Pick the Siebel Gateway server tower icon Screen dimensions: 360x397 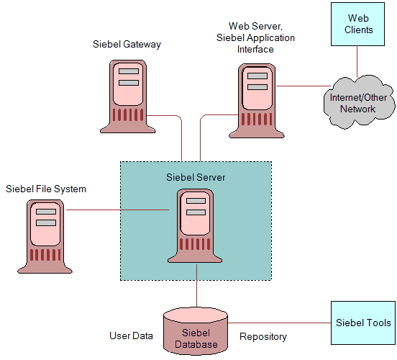tap(128, 95)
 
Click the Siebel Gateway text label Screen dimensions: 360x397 tap(127, 45)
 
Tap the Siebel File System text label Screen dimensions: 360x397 tap(46, 189)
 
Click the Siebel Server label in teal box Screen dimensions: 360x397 tap(196, 176)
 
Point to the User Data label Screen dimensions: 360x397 tap(131, 336)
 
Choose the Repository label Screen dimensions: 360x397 tap(263, 336)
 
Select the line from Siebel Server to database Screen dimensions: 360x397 tap(196, 292)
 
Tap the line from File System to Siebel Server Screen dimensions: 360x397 tap(115, 210)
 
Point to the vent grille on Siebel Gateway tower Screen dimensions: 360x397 tap(128, 114)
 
